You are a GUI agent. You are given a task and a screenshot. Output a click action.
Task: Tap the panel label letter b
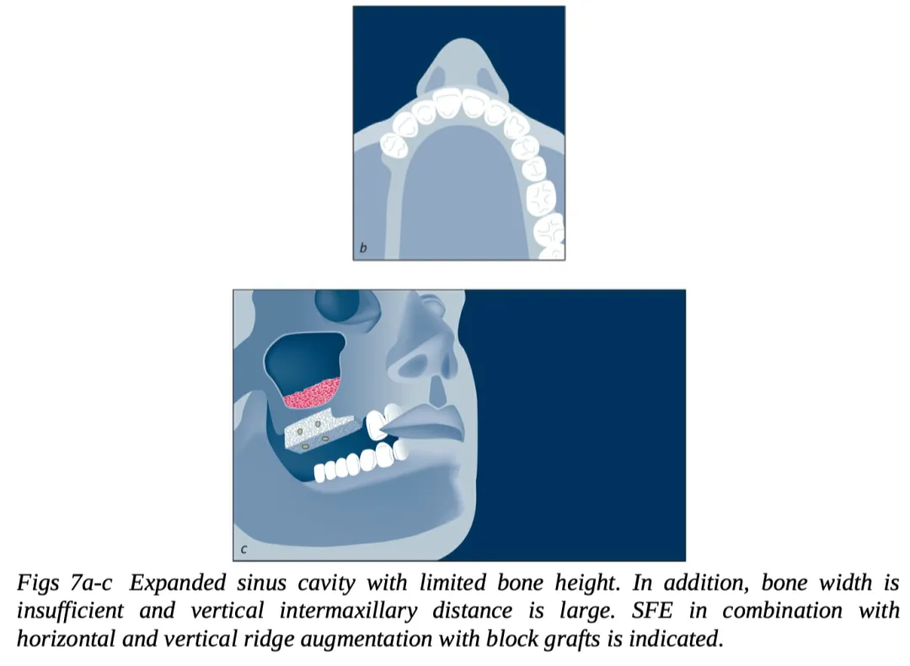tap(363, 248)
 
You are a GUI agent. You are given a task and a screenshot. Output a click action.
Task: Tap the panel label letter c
tap(244, 550)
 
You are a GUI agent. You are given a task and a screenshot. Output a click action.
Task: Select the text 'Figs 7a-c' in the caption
tap(64, 583)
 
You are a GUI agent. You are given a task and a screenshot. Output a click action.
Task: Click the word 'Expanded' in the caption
tap(177, 583)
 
